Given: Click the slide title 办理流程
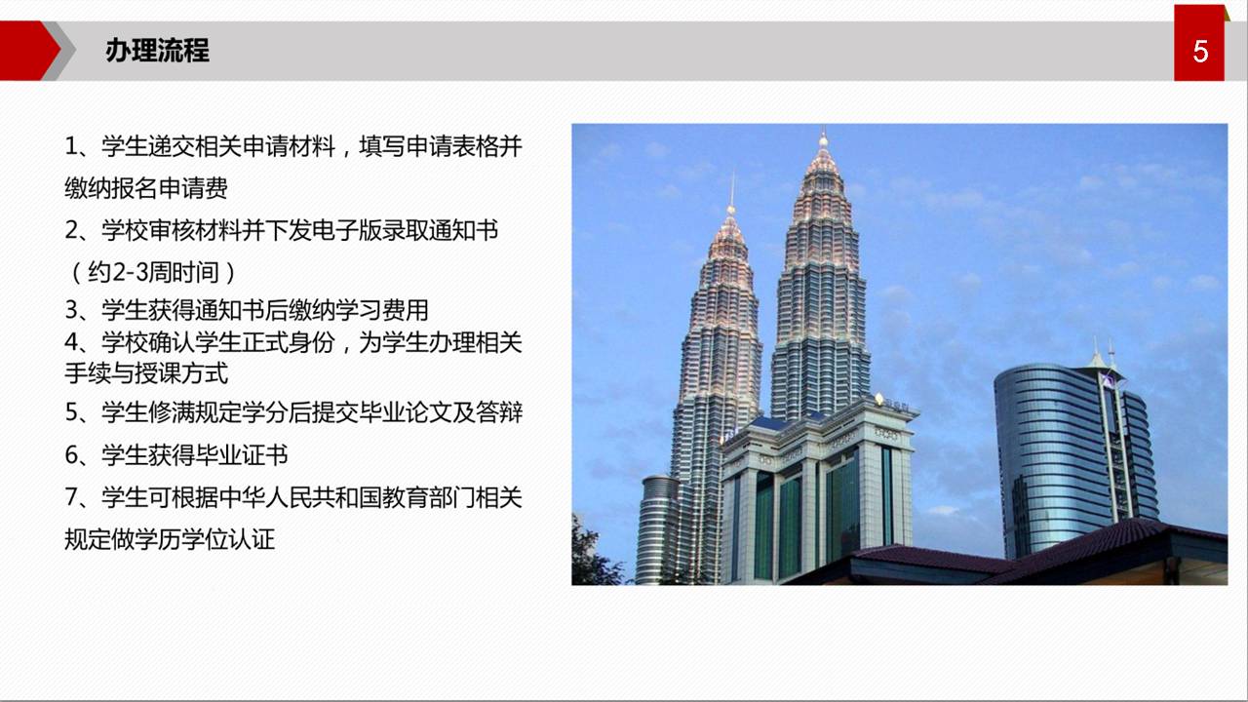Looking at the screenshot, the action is click(x=157, y=51).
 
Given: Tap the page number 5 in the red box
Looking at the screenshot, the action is click(x=1200, y=52).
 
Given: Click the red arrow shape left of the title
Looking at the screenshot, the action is click(x=29, y=51).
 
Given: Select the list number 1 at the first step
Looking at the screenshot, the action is click(x=71, y=146).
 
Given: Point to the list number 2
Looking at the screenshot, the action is click(x=71, y=230).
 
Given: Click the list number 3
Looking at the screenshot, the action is click(x=71, y=310).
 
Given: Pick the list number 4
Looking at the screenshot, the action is click(x=71, y=342).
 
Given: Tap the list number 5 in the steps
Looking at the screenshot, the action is click(x=71, y=412).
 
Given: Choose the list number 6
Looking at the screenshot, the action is click(x=71, y=455).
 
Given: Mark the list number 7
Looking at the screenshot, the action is click(x=71, y=497).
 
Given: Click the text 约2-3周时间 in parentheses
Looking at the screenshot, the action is click(x=153, y=272).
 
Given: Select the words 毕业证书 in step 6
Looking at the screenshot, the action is click(x=241, y=455).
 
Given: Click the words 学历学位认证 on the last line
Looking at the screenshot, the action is click(x=205, y=539).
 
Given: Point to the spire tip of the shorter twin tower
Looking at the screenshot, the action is click(x=732, y=174).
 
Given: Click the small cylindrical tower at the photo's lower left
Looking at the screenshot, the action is click(x=657, y=529).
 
